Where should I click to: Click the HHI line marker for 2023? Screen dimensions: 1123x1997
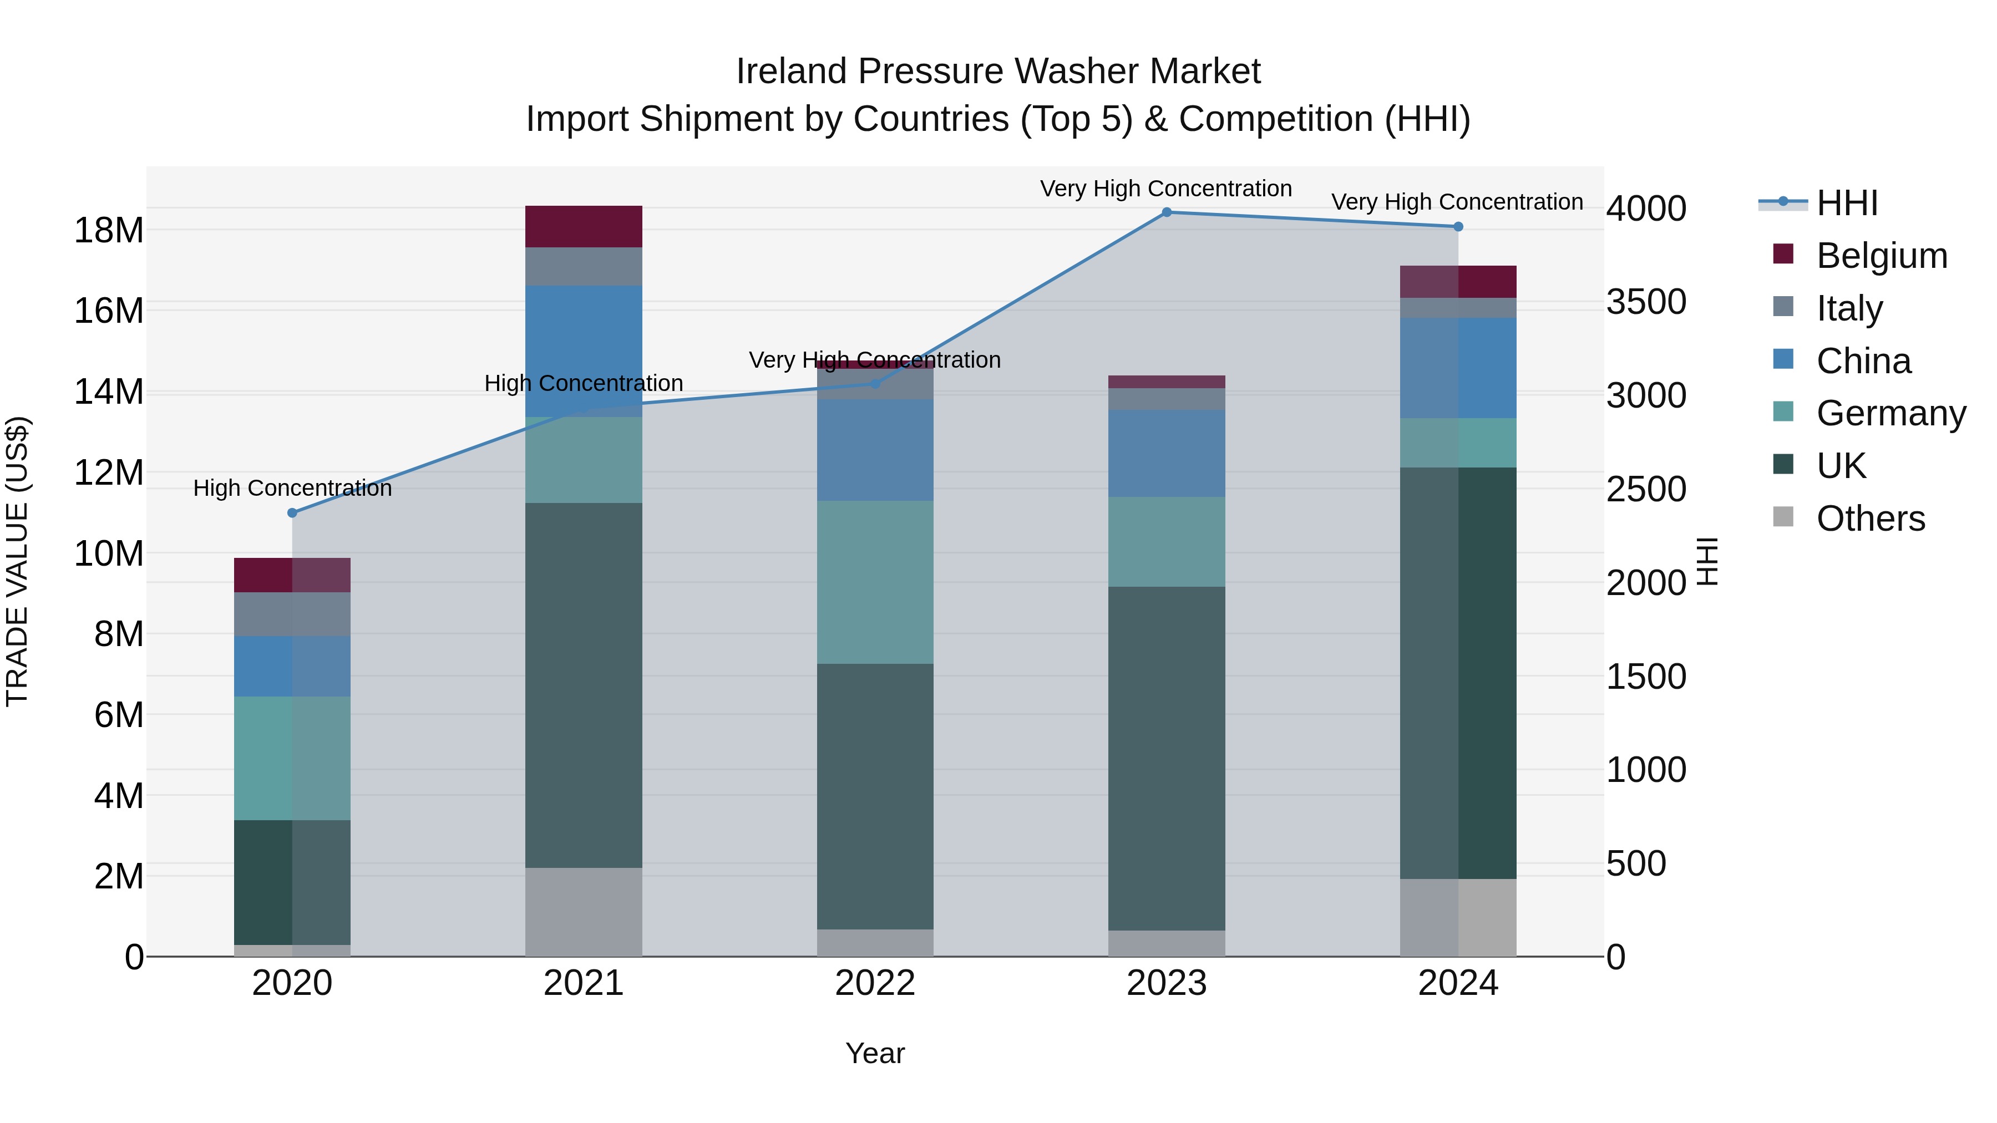tap(1166, 212)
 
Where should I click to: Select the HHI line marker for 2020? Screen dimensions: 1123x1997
tap(292, 512)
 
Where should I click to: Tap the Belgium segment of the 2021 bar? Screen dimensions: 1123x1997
tap(584, 226)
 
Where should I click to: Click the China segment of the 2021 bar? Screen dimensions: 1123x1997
tap(584, 350)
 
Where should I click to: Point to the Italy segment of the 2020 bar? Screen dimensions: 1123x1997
tap(292, 614)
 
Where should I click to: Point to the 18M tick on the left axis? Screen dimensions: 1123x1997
tap(109, 230)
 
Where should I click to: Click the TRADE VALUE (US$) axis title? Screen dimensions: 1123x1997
tap(17, 561)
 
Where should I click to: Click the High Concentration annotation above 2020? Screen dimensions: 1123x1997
tap(292, 488)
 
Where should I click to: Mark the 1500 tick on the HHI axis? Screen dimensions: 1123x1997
tap(1646, 676)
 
